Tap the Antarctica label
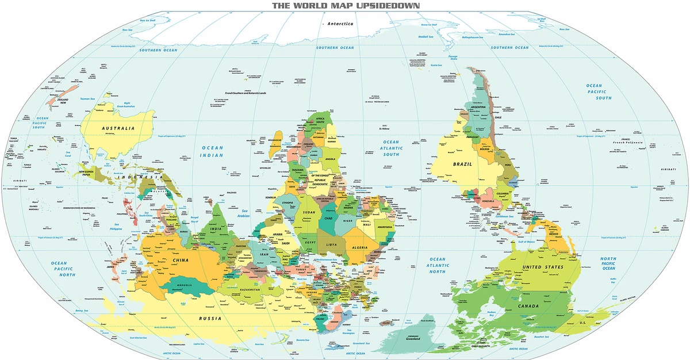(339, 24)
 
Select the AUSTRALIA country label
(118, 128)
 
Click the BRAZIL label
(462, 164)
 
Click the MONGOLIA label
(184, 286)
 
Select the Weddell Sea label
(425, 36)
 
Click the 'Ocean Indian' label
(211, 151)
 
